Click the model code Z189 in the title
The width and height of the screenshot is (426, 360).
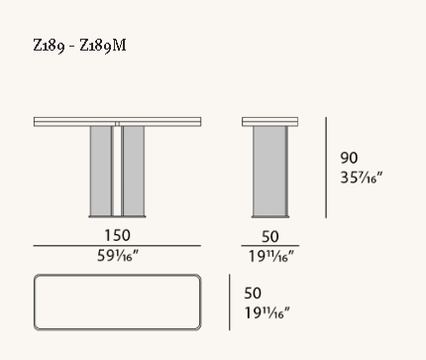coord(49,46)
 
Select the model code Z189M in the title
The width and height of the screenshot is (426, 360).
coord(103,46)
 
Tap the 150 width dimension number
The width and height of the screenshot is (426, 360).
coord(117,235)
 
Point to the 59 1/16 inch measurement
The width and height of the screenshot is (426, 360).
coord(118,256)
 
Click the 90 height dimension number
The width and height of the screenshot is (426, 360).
coord(349,158)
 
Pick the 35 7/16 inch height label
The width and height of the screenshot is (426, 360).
coord(361,178)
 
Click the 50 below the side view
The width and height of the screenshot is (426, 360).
coord(270,237)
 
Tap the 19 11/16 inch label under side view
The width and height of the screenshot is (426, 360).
coord(270,257)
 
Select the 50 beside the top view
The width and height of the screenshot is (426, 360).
coord(253,294)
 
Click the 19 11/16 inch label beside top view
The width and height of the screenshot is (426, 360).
coord(266,312)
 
